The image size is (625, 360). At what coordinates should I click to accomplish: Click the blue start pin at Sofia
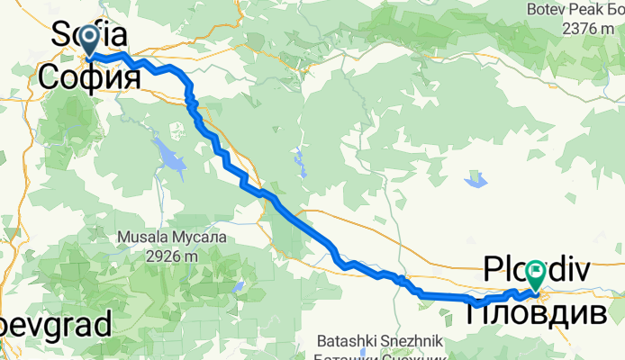coord(90,39)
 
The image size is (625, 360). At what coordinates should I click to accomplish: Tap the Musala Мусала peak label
coord(172,238)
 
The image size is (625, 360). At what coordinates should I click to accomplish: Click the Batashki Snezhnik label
coord(377,341)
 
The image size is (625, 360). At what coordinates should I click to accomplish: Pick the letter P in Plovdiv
coord(494,269)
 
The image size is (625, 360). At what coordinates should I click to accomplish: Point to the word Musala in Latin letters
coord(143,238)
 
